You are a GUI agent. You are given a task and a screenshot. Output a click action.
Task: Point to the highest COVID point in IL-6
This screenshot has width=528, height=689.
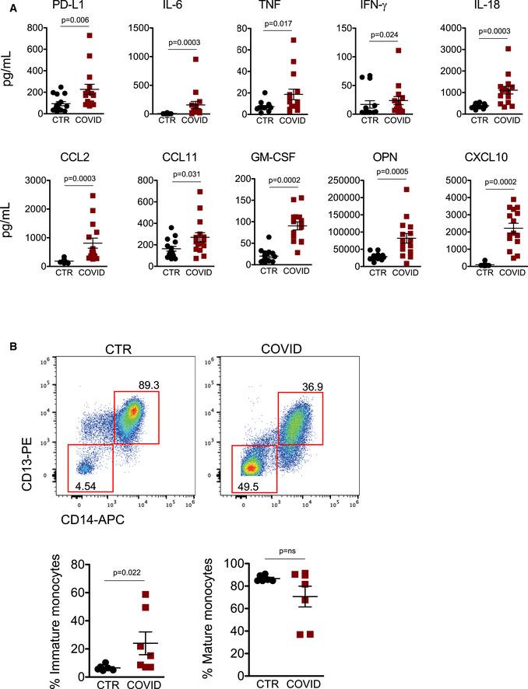[197, 59]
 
